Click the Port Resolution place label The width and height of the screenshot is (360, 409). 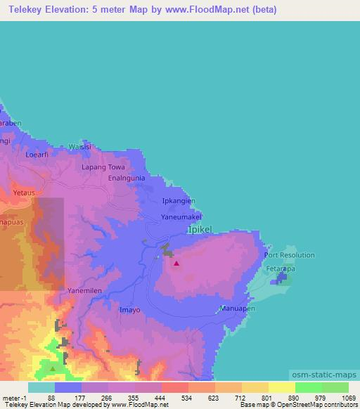click(290, 255)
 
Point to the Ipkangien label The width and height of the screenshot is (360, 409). click(179, 200)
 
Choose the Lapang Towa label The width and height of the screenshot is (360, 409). click(103, 167)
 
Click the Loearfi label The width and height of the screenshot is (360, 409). click(38, 154)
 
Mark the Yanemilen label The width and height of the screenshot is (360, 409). click(86, 288)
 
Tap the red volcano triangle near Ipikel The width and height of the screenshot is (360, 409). click(176, 264)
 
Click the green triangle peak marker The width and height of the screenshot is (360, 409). click(53, 368)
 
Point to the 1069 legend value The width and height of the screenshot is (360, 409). click(348, 398)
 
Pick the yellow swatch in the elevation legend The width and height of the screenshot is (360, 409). click(281, 387)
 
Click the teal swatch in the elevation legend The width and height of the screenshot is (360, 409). click(41, 387)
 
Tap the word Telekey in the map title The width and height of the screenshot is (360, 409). click(25, 10)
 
